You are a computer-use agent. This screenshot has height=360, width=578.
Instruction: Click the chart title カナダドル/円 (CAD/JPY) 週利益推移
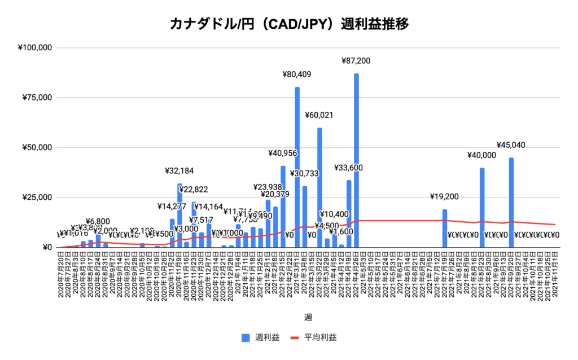[x=288, y=24]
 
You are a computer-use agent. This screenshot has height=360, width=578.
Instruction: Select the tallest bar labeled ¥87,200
[x=356, y=164]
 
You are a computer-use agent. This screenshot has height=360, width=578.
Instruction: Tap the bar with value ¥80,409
[x=297, y=169]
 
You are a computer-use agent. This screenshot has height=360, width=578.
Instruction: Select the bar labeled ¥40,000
[x=482, y=209]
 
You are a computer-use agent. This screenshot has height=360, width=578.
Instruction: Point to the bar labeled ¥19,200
[x=445, y=229]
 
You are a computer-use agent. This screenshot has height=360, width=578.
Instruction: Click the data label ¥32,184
[x=179, y=170]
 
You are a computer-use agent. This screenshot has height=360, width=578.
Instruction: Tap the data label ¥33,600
[x=348, y=168]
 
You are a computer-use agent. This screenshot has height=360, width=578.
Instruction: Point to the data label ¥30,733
[x=305, y=173]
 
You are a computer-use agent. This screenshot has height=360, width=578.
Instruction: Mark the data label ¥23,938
[x=267, y=187]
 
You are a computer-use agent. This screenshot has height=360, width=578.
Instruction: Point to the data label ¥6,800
[x=98, y=221]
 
